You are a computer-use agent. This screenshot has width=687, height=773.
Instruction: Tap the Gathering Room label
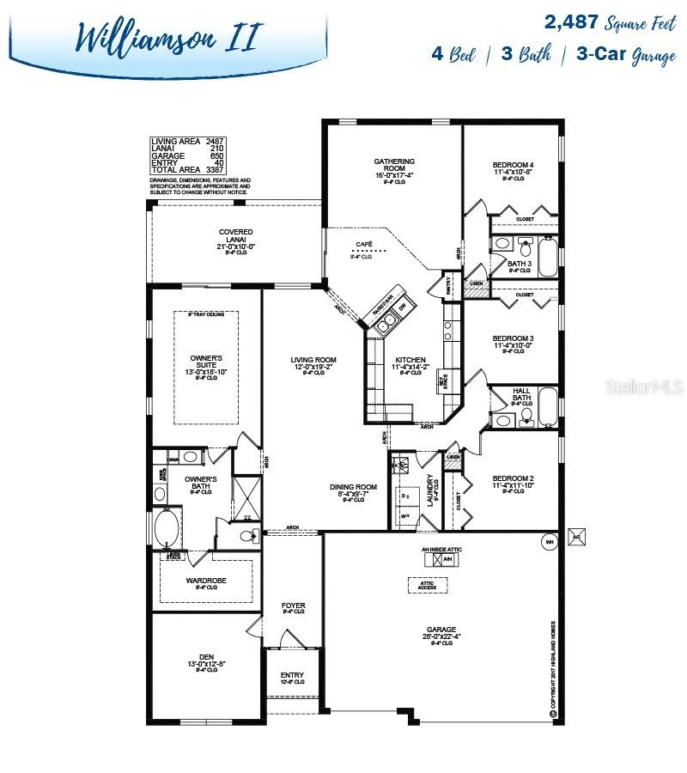394,166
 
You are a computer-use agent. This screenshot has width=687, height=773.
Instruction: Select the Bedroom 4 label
513,165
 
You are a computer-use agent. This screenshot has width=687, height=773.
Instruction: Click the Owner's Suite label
206,362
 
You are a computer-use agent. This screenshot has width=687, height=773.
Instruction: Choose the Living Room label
313,360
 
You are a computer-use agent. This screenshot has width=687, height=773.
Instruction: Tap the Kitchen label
410,361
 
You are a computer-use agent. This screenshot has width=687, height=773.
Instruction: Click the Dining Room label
354,487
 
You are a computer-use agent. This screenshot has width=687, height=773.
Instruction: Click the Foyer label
294,606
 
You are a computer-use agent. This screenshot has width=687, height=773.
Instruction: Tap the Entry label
292,676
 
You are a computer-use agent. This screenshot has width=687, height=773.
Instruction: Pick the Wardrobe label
205,581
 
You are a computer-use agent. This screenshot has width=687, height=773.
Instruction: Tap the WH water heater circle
548,541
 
